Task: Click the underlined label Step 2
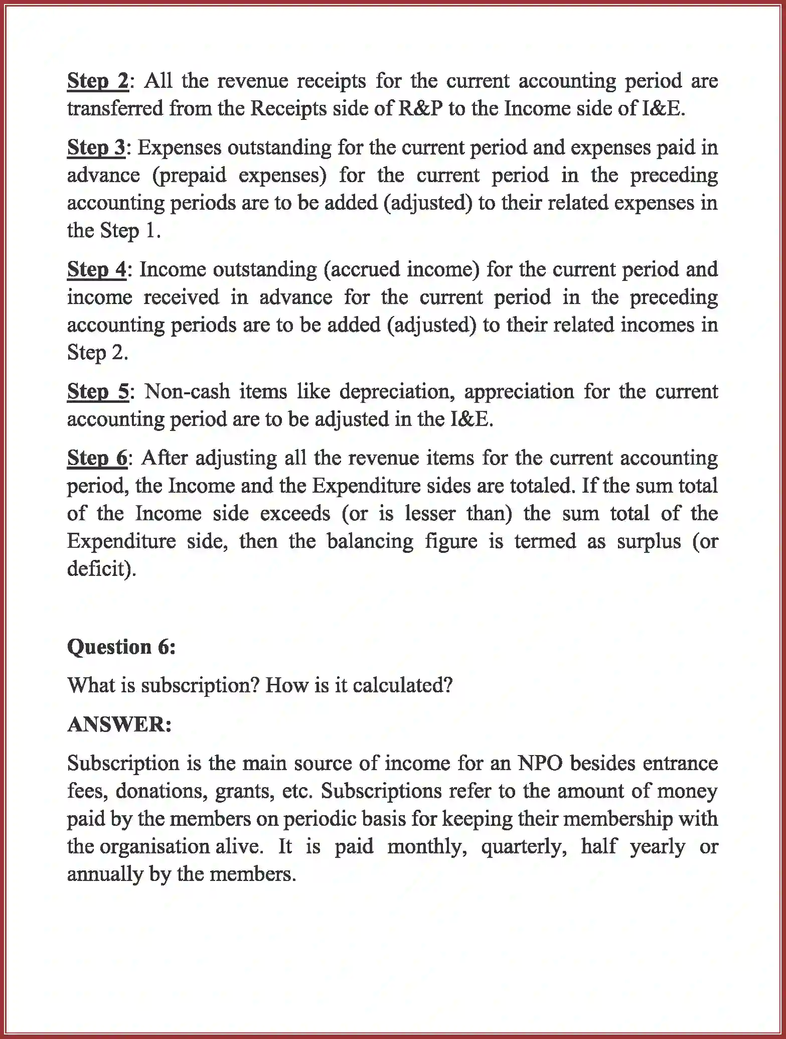(x=97, y=81)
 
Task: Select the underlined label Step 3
(x=96, y=148)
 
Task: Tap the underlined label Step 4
(x=97, y=270)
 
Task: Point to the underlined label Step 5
(x=97, y=392)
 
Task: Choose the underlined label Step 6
(x=97, y=459)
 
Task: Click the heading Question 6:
(x=121, y=647)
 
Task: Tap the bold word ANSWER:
(x=119, y=724)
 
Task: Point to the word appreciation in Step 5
(x=519, y=392)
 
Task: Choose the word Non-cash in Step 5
(x=187, y=392)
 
